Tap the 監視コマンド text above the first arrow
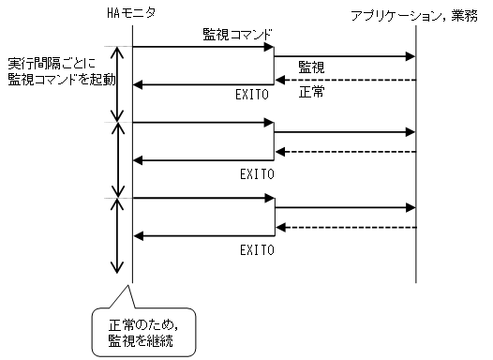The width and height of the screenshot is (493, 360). coord(238,35)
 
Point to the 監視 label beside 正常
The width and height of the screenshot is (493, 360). coord(312,67)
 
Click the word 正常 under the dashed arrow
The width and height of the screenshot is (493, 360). coord(312,94)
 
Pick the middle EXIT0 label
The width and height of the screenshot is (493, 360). coord(255,173)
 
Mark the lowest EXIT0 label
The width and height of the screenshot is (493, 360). coord(255,250)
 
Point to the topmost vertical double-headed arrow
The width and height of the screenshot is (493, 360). coord(117,84)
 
